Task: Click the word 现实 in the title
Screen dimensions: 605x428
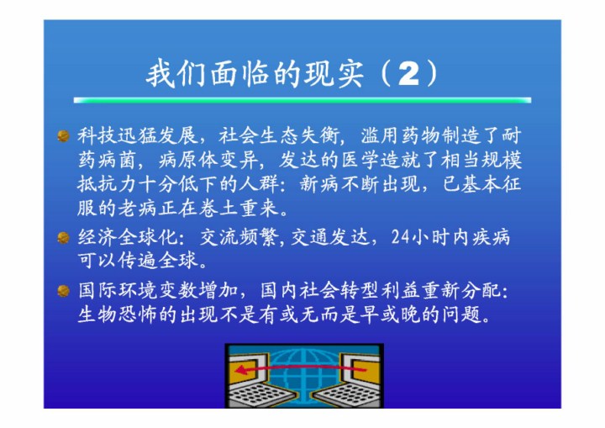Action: point(334,73)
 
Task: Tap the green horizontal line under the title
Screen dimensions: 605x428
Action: point(302,100)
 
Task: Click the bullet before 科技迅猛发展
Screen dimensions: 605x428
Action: point(63,136)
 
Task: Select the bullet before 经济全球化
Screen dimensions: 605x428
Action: point(63,238)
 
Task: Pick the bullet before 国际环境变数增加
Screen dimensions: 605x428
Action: point(63,290)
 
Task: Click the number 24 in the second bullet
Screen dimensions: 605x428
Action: point(401,237)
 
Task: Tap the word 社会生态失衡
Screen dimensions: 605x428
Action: point(279,135)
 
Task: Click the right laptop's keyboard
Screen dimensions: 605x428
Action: point(346,394)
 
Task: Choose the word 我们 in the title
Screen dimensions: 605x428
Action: point(176,73)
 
